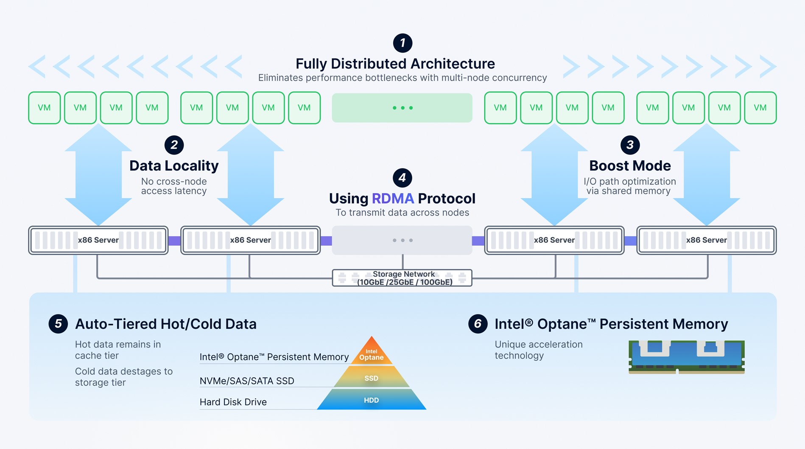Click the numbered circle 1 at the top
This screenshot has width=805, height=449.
(402, 43)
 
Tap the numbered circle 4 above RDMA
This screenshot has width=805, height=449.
(402, 178)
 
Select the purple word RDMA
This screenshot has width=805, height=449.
(393, 198)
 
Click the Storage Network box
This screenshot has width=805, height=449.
(402, 278)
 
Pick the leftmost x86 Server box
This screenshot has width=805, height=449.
(98, 240)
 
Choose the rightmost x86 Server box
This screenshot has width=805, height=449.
(707, 240)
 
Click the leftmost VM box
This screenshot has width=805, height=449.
(45, 108)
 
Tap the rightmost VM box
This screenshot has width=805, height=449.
(760, 108)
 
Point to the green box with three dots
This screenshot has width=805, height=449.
(402, 108)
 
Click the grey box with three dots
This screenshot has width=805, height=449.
(402, 240)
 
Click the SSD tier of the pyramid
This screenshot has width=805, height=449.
(372, 378)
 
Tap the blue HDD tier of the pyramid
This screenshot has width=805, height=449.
(372, 400)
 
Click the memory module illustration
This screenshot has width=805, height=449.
(686, 357)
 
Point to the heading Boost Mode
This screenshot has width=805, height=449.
(630, 166)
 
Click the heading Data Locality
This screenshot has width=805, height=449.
(174, 166)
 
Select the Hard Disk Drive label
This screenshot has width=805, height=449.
(233, 402)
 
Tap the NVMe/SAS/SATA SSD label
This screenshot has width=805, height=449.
(247, 381)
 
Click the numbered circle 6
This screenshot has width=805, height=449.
(478, 324)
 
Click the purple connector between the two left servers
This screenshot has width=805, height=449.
(174, 241)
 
